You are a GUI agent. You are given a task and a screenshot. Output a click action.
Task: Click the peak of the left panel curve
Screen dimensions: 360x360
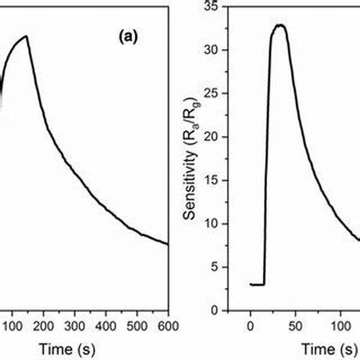(26, 36)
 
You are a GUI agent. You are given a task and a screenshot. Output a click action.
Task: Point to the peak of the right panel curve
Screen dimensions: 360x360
(280, 25)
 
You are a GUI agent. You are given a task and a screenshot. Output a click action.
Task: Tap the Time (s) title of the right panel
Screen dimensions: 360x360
(321, 349)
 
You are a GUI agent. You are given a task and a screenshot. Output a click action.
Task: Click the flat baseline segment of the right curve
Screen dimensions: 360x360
(257, 284)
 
